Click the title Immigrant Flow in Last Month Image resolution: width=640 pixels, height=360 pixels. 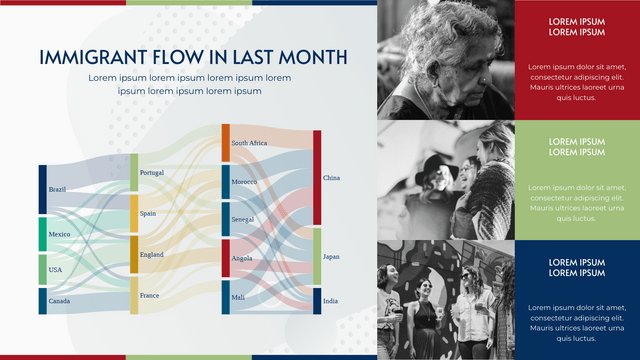193,57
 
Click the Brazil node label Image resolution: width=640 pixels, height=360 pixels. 57,190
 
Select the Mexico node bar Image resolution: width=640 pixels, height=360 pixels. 43,234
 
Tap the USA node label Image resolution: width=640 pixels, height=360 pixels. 55,270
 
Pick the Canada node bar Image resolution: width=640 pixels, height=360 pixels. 43,301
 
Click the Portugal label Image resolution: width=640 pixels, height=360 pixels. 151,173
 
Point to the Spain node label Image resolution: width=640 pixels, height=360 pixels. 148,213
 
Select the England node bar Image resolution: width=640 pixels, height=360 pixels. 134,255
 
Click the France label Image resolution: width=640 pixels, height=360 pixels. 149,296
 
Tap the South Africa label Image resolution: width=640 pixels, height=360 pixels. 249,143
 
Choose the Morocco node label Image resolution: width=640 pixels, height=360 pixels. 244,182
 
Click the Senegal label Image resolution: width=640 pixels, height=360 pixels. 242,219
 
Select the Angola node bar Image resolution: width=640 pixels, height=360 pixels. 226,258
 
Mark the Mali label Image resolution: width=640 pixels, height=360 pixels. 239,297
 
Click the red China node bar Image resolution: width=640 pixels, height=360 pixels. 317,178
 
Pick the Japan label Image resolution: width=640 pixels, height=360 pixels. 331,257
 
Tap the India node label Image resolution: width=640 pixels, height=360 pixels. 330,301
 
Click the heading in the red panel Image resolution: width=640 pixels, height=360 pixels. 577,27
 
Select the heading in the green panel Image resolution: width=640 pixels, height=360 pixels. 577,147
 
